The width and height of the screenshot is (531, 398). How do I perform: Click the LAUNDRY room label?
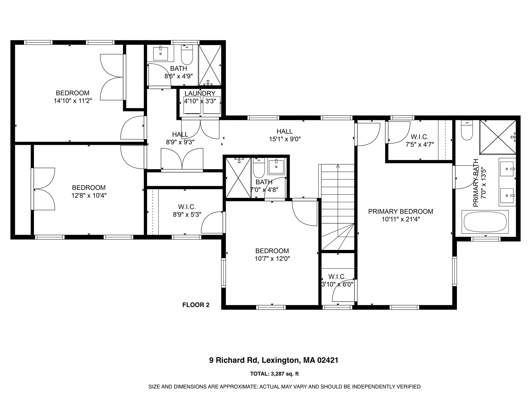pos(200,93)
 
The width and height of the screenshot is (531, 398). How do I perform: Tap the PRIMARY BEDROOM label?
pos(401,211)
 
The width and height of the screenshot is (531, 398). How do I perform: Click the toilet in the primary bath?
pos(467,131)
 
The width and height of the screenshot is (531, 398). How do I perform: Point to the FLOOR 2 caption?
pos(196,305)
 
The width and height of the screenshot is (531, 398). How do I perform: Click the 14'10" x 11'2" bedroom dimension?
pos(73,101)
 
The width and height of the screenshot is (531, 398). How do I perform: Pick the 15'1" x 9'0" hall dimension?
pos(285,139)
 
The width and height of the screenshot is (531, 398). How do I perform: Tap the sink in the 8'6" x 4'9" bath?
pos(160,53)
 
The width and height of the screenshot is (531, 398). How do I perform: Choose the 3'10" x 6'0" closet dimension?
pos(337,284)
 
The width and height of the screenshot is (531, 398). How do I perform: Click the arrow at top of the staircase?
pos(338,166)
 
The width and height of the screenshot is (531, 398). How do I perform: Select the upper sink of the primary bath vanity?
pos(506,169)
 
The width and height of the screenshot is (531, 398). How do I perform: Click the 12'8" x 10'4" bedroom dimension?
pos(89,195)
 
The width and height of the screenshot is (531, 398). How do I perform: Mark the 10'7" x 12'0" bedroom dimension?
pos(272,258)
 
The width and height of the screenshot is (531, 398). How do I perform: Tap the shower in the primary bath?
pos(498,137)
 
